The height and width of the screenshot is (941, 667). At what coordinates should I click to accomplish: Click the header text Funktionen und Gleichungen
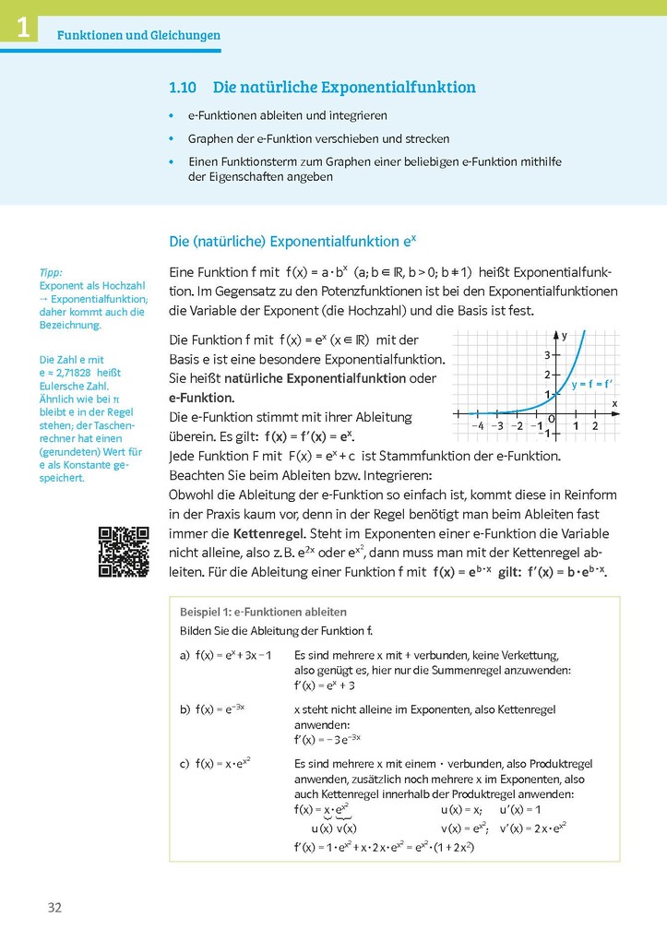pos(138,36)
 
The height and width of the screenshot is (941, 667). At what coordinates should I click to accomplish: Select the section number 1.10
pos(184,88)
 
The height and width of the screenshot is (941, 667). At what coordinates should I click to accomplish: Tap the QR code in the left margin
pos(124,552)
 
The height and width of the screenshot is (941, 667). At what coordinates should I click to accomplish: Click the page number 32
pos(54,908)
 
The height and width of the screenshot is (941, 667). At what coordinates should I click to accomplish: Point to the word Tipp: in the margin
pos(51,273)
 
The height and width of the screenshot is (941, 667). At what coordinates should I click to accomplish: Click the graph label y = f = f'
pos(592,383)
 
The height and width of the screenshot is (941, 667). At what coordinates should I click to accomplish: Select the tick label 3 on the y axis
pos(546,355)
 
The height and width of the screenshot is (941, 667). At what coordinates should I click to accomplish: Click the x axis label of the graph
pos(613,404)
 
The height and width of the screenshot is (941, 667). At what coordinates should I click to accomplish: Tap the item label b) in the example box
pos(185,709)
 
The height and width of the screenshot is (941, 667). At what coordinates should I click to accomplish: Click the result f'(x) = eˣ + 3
pos(324,685)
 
